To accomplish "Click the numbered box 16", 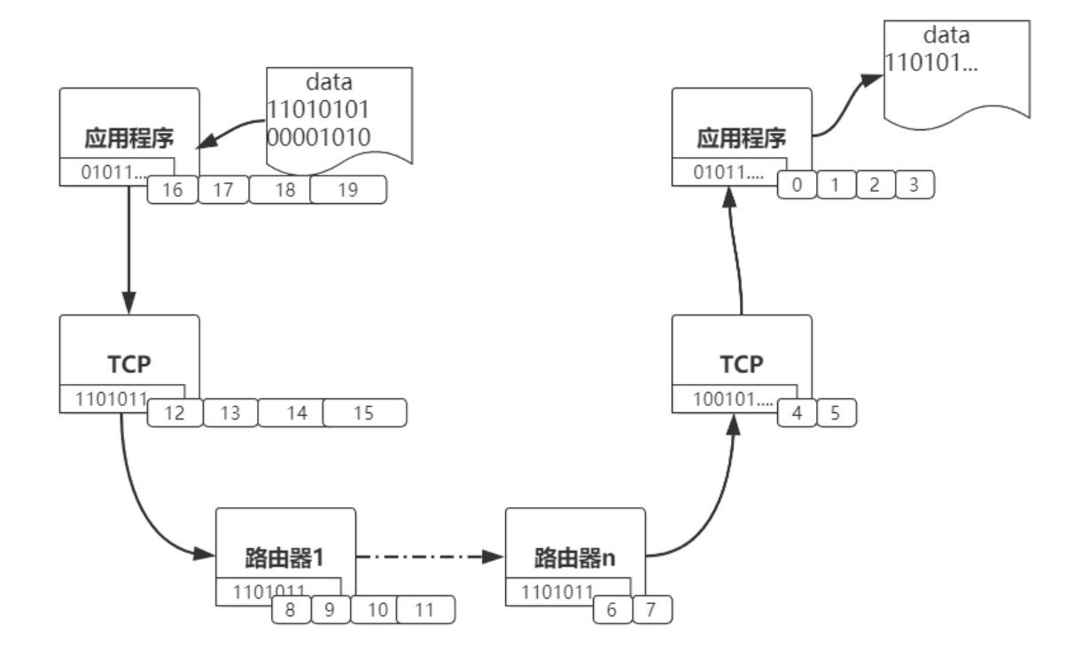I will pos(172,190).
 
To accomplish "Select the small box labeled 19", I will pos(348,190).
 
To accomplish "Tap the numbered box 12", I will pos(175,412).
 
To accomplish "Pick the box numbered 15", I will pos(364,412).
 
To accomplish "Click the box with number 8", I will pos(290,610).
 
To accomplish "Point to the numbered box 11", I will pos(425,610).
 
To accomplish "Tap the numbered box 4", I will pos(797,412).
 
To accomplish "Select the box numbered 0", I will pos(796,184).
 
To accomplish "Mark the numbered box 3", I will pos(914,184).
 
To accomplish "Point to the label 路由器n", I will pos(574,560).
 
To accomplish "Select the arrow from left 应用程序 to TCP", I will pos(130,248).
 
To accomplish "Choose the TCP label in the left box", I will pos(129,365).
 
